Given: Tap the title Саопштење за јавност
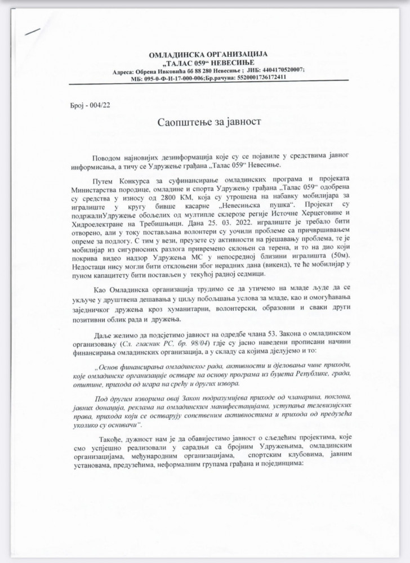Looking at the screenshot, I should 204,122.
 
